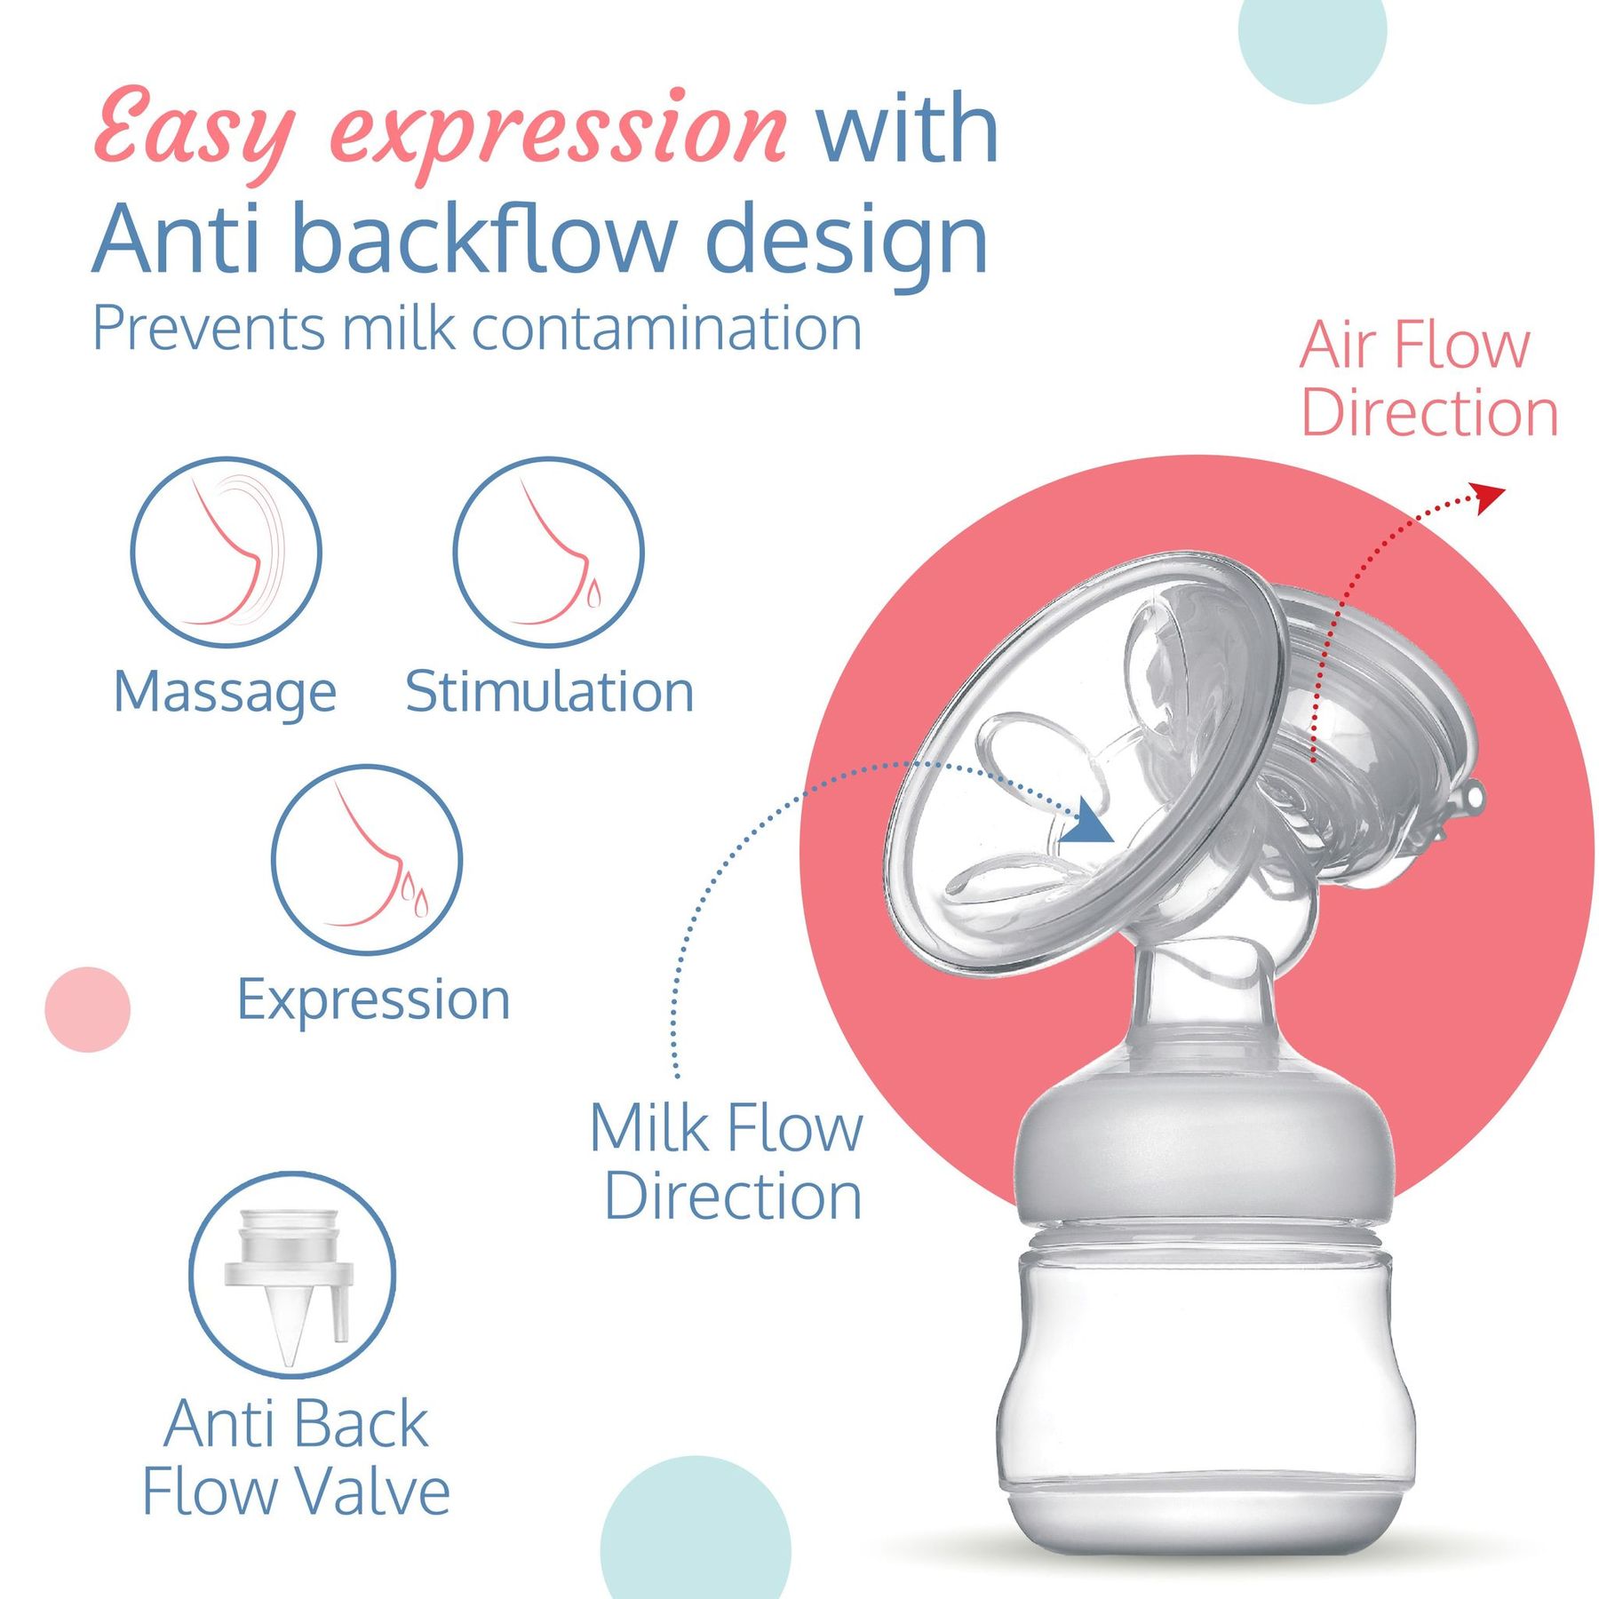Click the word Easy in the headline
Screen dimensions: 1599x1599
point(195,131)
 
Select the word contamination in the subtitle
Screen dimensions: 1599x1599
point(666,329)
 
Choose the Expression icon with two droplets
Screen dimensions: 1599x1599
point(367,860)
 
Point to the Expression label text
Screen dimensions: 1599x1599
point(374,1002)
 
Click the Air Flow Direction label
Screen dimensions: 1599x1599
point(1428,379)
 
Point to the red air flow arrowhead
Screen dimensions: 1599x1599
point(1488,497)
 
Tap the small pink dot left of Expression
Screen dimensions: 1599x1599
point(87,1009)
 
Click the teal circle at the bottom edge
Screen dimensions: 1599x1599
point(696,1528)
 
